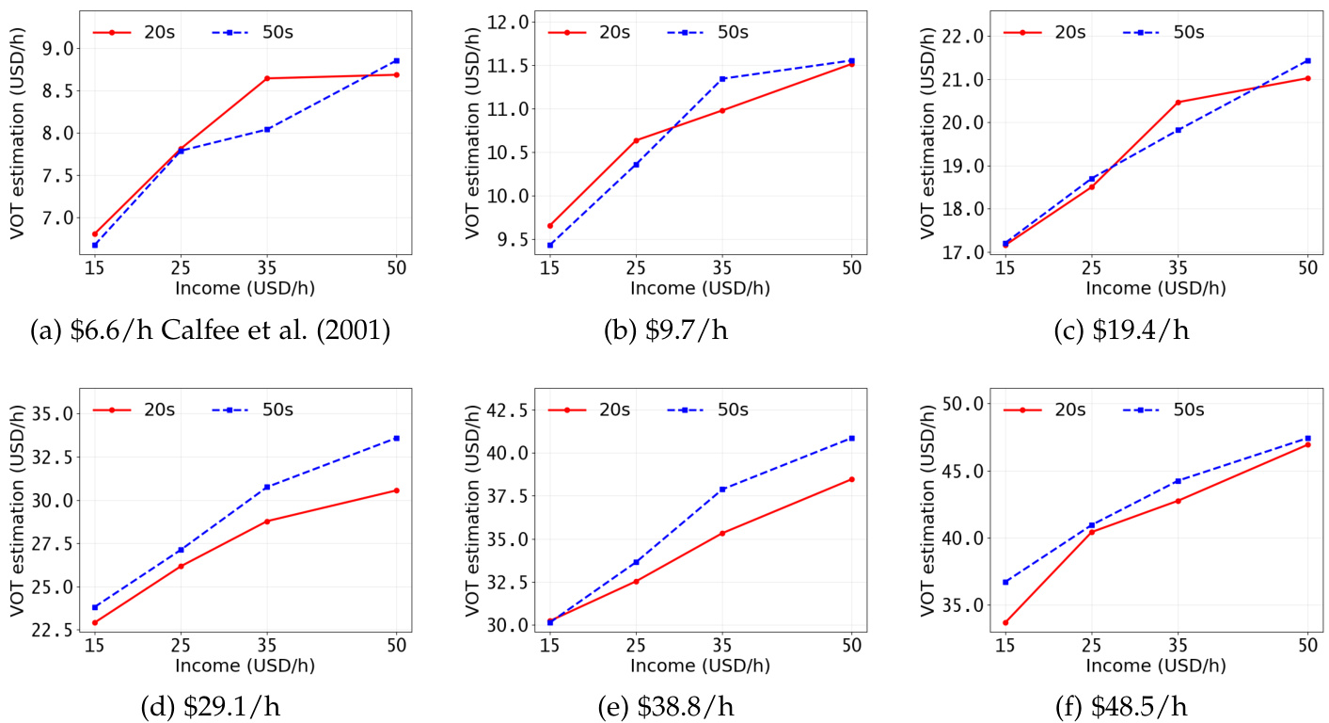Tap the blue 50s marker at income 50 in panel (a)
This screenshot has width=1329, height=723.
click(396, 60)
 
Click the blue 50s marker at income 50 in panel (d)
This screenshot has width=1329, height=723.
click(396, 438)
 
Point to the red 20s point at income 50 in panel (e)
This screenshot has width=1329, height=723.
click(851, 479)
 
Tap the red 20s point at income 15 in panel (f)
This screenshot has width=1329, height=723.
click(1005, 622)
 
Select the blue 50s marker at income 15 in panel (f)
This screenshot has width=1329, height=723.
click(1005, 582)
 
